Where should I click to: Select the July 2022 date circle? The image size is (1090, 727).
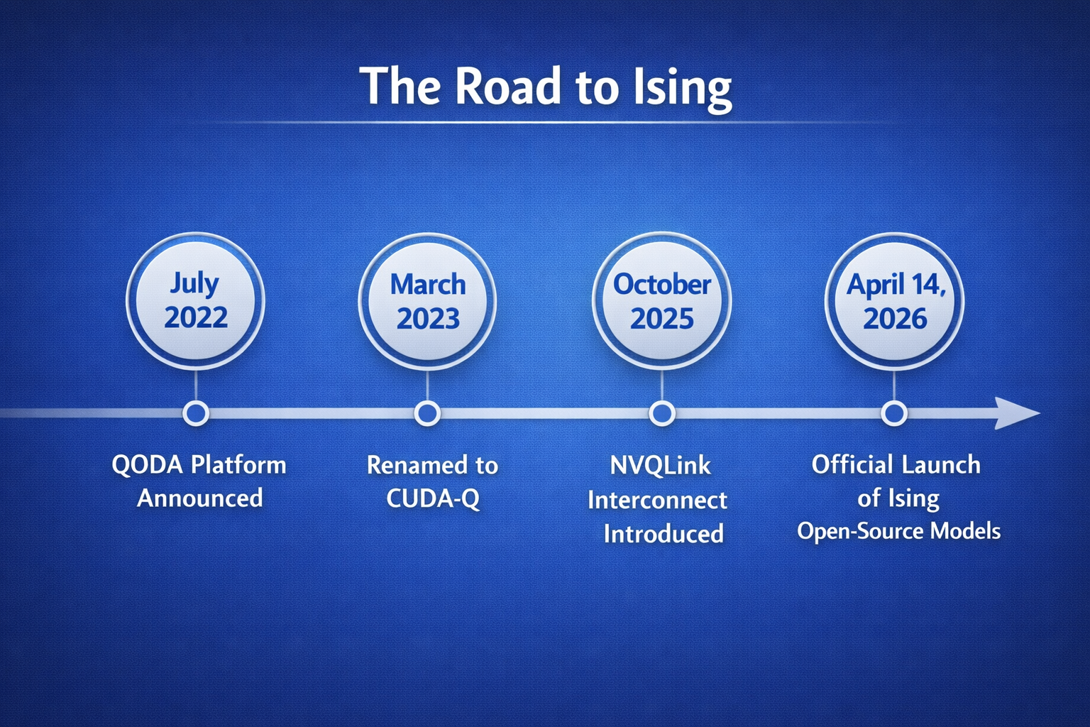pyautogui.click(x=195, y=301)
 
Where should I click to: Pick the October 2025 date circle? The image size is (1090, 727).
pyautogui.click(x=661, y=302)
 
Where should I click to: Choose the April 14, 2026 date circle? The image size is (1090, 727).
pyautogui.click(x=894, y=302)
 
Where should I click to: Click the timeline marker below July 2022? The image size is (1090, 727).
pyautogui.click(x=196, y=412)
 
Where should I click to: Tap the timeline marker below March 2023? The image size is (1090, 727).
pyautogui.click(x=427, y=412)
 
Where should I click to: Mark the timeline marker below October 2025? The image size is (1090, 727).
pyautogui.click(x=661, y=412)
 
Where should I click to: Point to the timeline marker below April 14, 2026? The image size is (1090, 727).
pyautogui.click(x=894, y=412)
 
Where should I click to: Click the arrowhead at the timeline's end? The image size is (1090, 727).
pyautogui.click(x=1015, y=412)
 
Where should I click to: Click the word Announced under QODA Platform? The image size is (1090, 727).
pyautogui.click(x=199, y=498)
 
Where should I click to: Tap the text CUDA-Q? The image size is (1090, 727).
pyautogui.click(x=432, y=498)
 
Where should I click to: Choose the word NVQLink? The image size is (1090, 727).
pyautogui.click(x=661, y=466)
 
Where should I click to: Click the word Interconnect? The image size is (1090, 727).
pyautogui.click(x=657, y=500)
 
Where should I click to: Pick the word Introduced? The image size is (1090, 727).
pyautogui.click(x=664, y=533)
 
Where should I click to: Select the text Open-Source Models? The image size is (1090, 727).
pyautogui.click(x=898, y=531)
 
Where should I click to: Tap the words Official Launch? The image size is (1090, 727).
pyautogui.click(x=896, y=465)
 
